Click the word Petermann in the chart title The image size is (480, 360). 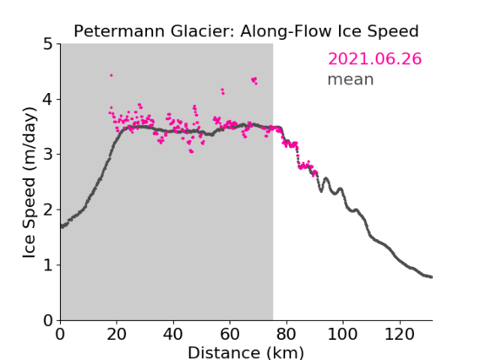coord(120,31)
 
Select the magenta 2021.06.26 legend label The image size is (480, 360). coord(374,59)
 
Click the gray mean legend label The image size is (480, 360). coord(351,79)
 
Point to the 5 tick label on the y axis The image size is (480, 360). coord(48,45)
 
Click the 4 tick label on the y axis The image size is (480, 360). coord(48,100)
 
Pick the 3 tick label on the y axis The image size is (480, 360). coord(48,155)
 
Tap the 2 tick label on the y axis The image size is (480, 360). coord(48,210)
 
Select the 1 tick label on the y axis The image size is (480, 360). coord(48,265)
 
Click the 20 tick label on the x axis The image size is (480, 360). coord(117,334)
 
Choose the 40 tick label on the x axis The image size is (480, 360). coord(173,334)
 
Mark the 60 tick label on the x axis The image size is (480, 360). coord(230,334)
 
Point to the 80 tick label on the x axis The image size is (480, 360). coord(286,334)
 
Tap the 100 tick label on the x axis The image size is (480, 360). coord(342,334)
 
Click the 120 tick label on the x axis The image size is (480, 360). coord(399,334)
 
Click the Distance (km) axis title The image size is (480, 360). coord(246,353)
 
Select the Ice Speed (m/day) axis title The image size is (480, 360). coord(30,183)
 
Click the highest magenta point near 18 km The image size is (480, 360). coord(112,75)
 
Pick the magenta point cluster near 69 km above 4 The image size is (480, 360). coord(254,80)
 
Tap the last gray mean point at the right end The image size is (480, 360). coord(431,277)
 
